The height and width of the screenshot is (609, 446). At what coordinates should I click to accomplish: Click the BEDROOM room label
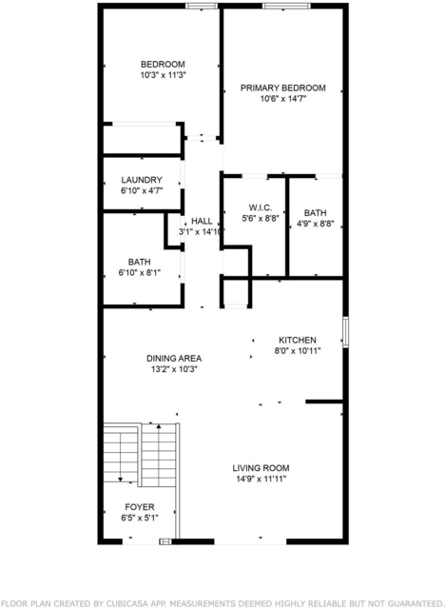coord(163,65)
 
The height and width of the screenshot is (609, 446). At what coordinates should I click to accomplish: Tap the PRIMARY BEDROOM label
coord(283,88)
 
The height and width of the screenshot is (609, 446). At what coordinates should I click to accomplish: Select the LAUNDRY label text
coord(142,180)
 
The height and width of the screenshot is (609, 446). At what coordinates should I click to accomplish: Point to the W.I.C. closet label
coord(260,207)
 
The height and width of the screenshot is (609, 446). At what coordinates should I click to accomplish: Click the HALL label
coord(202,222)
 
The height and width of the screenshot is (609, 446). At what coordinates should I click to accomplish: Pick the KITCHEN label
coord(298,341)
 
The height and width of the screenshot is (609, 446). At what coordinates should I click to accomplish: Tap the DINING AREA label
coord(174,359)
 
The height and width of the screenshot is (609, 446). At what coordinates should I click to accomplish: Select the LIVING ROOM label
coord(261,468)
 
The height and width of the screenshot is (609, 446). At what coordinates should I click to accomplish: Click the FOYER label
coord(140,507)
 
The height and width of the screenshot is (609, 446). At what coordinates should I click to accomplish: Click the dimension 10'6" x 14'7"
coord(283,99)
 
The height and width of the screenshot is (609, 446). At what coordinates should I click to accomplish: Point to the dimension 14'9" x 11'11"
coord(262,479)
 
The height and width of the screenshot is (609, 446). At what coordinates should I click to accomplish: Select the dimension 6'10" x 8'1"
coord(140,273)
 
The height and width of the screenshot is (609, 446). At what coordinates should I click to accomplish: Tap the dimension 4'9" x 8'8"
coord(315,225)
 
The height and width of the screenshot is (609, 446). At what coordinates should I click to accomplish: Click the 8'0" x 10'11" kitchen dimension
coord(298,351)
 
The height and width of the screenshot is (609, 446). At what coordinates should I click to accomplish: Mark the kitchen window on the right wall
coord(345,332)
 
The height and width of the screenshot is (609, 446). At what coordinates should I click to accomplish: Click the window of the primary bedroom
coord(286,6)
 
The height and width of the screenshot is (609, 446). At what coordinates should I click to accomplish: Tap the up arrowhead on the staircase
coord(159,427)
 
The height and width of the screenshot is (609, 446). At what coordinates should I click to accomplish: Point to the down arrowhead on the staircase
coord(121,480)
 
